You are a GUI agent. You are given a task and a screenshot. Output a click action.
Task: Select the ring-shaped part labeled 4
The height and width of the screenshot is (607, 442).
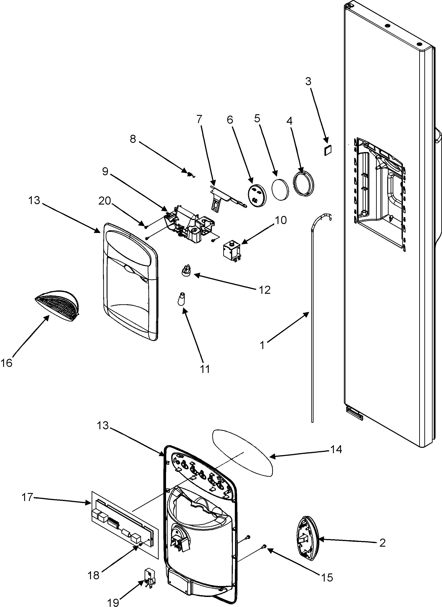(304, 184)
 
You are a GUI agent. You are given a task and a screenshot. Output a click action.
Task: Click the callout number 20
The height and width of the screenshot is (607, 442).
(105, 201)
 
